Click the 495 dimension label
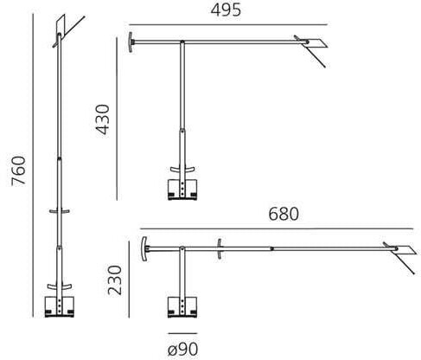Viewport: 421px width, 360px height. coord(226,10)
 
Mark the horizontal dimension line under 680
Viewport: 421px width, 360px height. coord(279,227)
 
